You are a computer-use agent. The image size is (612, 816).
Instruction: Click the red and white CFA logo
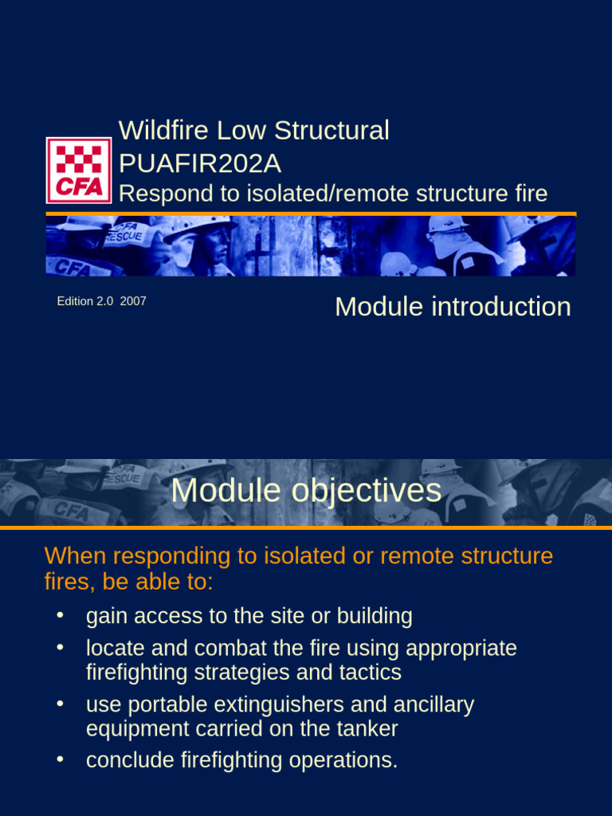78,170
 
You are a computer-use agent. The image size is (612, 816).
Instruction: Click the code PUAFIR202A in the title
199,163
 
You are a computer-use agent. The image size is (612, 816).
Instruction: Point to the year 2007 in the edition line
133,302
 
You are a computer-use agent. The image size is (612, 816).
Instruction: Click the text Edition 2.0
85,302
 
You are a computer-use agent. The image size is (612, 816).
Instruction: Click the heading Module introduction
452,307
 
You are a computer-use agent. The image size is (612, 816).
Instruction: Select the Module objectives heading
306,490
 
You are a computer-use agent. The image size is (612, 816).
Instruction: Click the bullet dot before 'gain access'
60,615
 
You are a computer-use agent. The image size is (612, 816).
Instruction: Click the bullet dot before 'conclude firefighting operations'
60,760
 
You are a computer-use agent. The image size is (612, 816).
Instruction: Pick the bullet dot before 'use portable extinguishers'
60,704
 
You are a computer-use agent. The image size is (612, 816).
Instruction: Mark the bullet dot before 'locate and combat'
60,647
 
